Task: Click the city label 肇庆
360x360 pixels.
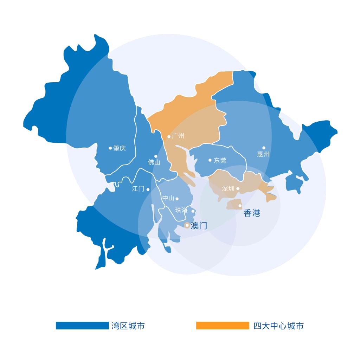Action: pyautogui.click(x=120, y=148)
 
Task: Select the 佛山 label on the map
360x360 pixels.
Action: pyautogui.click(x=154, y=162)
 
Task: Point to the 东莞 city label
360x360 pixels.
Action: pyautogui.click(x=220, y=161)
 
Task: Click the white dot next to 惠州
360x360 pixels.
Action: pyautogui.click(x=264, y=148)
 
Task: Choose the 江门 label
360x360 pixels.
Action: pyautogui.click(x=138, y=189)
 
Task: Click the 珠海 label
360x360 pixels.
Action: pyautogui.click(x=181, y=211)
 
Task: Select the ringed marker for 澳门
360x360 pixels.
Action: pyautogui.click(x=187, y=225)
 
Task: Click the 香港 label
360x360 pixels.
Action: pyautogui.click(x=252, y=213)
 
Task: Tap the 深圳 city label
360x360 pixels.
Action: pyautogui.click(x=228, y=189)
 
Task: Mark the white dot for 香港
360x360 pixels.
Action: pyautogui.click(x=240, y=206)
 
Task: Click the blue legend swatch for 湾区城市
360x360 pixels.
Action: pyautogui.click(x=82, y=326)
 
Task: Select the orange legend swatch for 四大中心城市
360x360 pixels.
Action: pyautogui.click(x=223, y=326)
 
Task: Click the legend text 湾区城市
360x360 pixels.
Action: pyautogui.click(x=128, y=326)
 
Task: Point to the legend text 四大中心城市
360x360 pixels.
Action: pyautogui.click(x=278, y=326)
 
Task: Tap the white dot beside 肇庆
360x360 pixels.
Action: pyautogui.click(x=110, y=148)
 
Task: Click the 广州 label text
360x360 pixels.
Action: pyautogui.click(x=178, y=136)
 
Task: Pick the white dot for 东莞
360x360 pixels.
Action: pyautogui.click(x=210, y=160)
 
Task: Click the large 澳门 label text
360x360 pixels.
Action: pyautogui.click(x=199, y=226)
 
